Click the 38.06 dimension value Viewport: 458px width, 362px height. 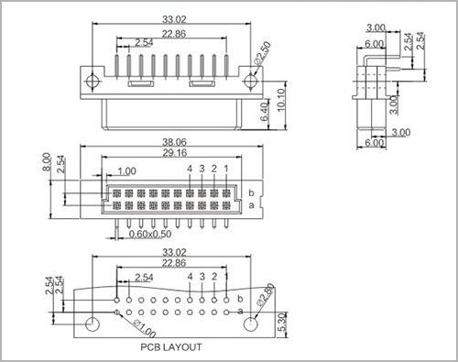pos(174,142)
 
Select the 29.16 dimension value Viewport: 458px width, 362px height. pos(174,152)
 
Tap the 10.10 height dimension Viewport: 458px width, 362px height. pos(280,100)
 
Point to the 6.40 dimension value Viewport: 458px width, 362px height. pos(265,112)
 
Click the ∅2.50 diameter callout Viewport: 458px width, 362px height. pos(262,54)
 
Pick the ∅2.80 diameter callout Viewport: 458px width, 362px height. pos(265,295)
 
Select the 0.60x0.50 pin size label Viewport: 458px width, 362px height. pos(150,235)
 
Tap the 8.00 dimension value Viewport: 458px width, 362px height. pos(46,162)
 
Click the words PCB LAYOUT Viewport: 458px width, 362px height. pos(171,347)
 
